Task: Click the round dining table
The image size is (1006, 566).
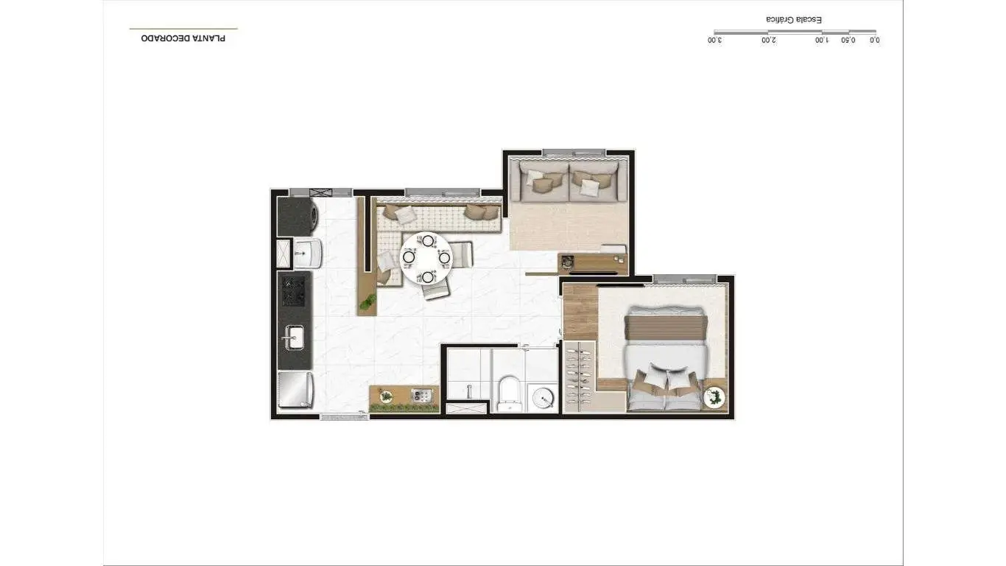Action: pos(426,258)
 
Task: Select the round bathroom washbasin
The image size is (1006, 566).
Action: pos(543,398)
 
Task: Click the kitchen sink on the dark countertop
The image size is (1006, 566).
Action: pos(295,337)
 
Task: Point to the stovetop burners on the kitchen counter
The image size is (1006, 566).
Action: pos(295,291)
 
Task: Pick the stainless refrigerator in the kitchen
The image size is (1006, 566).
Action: pos(295,389)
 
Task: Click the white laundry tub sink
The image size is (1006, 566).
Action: pos(306,254)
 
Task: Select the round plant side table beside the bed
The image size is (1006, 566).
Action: pos(714,398)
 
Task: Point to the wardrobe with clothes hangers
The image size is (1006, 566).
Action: pos(580,377)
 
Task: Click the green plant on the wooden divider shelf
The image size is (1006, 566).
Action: pos(367,302)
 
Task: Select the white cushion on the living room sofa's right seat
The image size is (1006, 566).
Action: pos(588,187)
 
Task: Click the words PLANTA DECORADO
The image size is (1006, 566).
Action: pos(183,38)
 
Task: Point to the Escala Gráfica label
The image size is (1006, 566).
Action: pos(794,19)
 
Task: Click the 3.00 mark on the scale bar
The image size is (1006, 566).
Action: pos(715,41)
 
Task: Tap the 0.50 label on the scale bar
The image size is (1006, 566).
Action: pos(848,41)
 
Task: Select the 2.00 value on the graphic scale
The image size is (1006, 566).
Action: pos(768,41)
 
